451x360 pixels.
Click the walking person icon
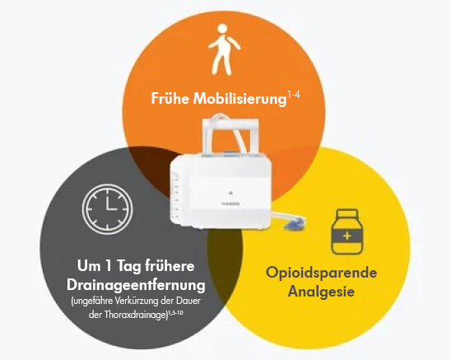pyautogui.click(x=224, y=49)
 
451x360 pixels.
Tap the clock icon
pyautogui.click(x=107, y=208)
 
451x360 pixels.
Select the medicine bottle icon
pyautogui.click(x=347, y=231)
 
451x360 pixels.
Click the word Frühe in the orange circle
pyautogui.click(x=170, y=99)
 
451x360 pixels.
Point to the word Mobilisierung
pyautogui.click(x=239, y=99)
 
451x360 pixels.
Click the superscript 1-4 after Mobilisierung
pyautogui.click(x=294, y=95)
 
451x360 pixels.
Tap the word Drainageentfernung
pyautogui.click(x=136, y=285)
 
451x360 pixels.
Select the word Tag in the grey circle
pyautogui.click(x=128, y=266)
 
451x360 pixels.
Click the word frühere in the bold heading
pyautogui.click(x=170, y=266)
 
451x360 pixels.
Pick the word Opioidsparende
pyautogui.click(x=321, y=273)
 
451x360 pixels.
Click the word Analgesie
pyautogui.click(x=321, y=291)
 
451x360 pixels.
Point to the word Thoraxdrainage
pyautogui.click(x=135, y=314)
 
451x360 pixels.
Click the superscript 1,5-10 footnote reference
pyautogui.click(x=175, y=312)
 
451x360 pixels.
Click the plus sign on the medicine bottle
pyautogui.click(x=347, y=236)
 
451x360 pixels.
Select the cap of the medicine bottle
pyautogui.click(x=347, y=213)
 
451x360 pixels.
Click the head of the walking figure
pyautogui.click(x=222, y=29)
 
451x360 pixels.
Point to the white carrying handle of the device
pyautogui.click(x=230, y=121)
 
